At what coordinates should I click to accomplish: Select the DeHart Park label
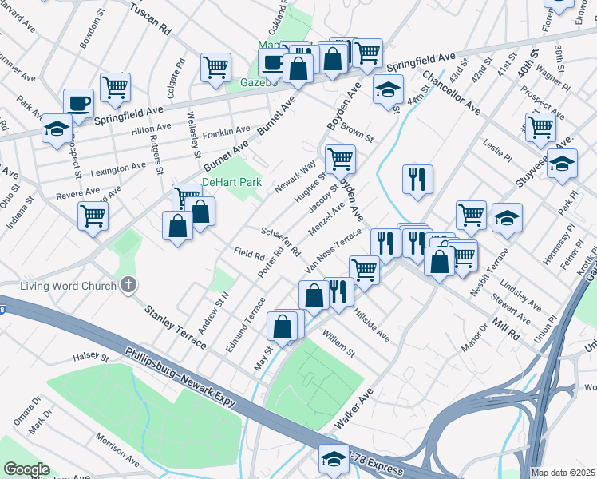click(x=231, y=183)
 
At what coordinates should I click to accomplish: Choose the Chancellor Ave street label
click(x=451, y=93)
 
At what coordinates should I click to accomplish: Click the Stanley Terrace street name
click(x=175, y=327)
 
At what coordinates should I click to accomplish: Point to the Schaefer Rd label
click(x=280, y=240)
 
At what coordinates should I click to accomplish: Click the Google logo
click(x=26, y=469)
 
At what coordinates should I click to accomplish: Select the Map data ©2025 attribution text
click(x=562, y=473)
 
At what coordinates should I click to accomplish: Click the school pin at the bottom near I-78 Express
click(x=333, y=458)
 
